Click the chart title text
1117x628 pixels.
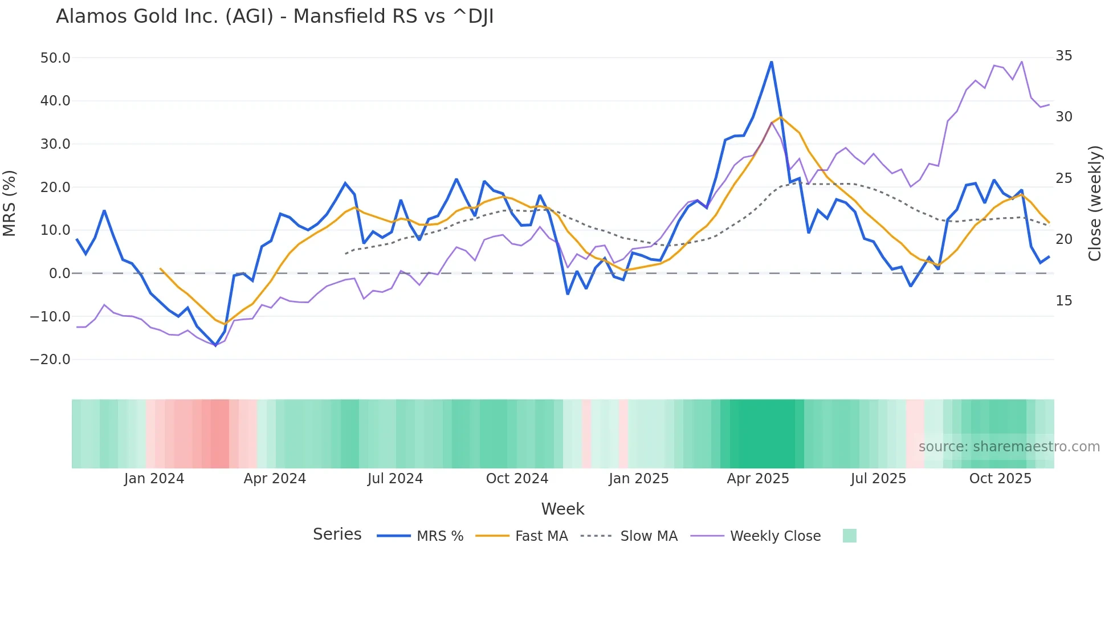coord(275,17)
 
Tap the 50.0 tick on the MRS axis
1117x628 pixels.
coord(55,58)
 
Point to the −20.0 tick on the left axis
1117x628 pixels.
coord(50,360)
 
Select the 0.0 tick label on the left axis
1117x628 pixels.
coord(59,274)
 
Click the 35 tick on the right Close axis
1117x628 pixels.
coord(1063,56)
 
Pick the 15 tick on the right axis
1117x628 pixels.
coord(1063,301)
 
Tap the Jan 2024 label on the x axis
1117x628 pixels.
coord(154,479)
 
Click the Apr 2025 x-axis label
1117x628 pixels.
coord(758,479)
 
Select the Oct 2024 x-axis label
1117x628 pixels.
coord(517,479)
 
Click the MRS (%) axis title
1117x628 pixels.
coord(10,203)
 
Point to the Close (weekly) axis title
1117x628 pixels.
coord(1094,203)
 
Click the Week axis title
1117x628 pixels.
coord(562,509)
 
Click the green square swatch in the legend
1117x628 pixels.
coord(849,536)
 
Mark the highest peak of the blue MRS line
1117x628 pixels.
coord(772,62)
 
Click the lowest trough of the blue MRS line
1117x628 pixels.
coord(215,345)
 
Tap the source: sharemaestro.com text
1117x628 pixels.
coord(1009,447)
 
